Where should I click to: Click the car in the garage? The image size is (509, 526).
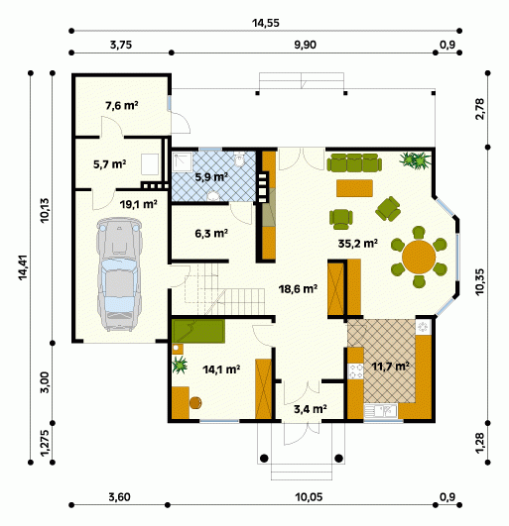pyautogui.click(x=119, y=274)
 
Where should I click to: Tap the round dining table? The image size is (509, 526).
pyautogui.click(x=419, y=257)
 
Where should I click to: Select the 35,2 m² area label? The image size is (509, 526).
pyautogui.click(x=357, y=244)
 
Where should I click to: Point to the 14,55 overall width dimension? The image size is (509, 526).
pyautogui.click(x=266, y=23)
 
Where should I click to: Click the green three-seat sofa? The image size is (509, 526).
pyautogui.click(x=354, y=162)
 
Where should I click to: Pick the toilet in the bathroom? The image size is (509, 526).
pyautogui.click(x=239, y=159)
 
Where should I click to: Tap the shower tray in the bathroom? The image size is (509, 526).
pyautogui.click(x=183, y=162)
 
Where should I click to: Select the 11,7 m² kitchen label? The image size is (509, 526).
pyautogui.click(x=390, y=366)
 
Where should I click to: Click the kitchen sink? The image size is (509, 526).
pyautogui.click(x=381, y=411)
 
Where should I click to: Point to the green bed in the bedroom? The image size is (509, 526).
pyautogui.click(x=197, y=331)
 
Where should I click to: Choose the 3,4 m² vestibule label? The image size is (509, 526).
pyautogui.click(x=311, y=409)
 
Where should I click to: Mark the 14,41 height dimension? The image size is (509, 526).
pyautogui.click(x=23, y=267)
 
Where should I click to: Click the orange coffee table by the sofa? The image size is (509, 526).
pyautogui.click(x=354, y=188)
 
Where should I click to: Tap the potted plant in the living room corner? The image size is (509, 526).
pyautogui.click(x=416, y=159)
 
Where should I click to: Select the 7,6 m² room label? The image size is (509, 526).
pyautogui.click(x=122, y=106)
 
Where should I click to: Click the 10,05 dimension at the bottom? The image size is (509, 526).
pyautogui.click(x=309, y=497)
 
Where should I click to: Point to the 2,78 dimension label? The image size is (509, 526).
pyautogui.click(x=480, y=109)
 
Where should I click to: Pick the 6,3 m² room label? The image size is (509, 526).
pyautogui.click(x=211, y=233)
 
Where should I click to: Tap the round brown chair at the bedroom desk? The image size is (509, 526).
pyautogui.click(x=195, y=403)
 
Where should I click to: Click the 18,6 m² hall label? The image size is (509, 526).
pyautogui.click(x=299, y=289)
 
